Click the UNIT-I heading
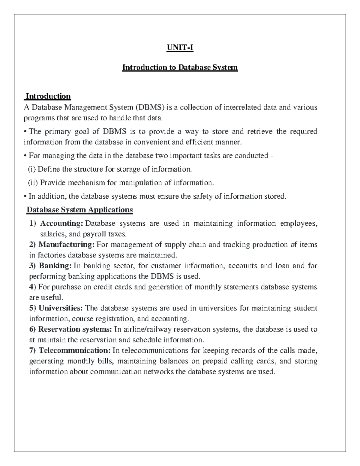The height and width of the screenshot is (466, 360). click(180, 48)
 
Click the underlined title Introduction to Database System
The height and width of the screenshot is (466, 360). click(180, 68)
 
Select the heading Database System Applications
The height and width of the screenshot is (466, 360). click(79, 209)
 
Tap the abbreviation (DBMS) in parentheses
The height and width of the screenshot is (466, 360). click(149, 107)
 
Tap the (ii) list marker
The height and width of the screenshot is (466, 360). click(33, 183)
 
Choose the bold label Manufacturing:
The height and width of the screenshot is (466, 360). click(66, 245)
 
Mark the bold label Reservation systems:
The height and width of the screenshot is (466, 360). click(75, 329)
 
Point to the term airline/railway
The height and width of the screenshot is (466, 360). click(147, 329)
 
